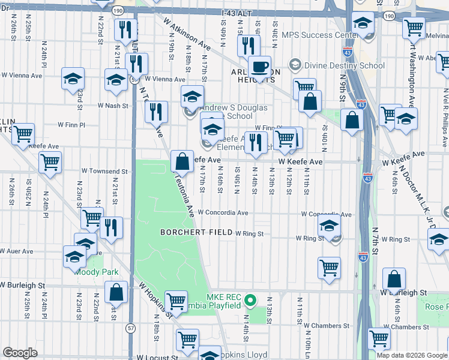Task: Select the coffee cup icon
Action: tap(259, 67)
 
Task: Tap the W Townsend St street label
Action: tap(105, 172)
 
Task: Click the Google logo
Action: tap(20, 353)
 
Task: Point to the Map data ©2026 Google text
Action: tap(411, 355)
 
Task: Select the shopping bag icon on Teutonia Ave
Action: tap(181, 161)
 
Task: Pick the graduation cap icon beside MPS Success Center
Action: tap(362, 23)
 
